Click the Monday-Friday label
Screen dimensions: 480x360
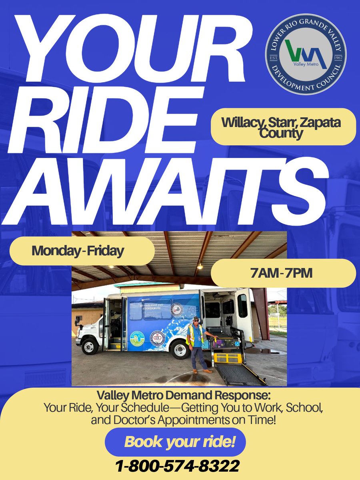78,251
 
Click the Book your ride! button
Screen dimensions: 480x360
175,442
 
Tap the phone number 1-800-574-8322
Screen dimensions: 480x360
178,466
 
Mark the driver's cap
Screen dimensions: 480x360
196,319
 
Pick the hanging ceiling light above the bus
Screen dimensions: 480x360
199,264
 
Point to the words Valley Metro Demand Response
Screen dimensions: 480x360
184,396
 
